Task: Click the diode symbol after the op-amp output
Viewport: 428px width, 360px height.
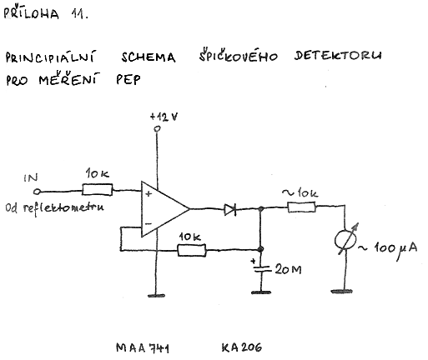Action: click(230, 209)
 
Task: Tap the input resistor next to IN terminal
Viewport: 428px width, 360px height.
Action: click(98, 190)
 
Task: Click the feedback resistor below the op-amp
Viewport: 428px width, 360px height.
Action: click(192, 250)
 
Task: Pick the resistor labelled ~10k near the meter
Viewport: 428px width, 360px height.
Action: click(301, 207)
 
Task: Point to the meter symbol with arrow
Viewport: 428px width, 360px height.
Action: click(345, 239)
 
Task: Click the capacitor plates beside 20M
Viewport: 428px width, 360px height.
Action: click(261, 268)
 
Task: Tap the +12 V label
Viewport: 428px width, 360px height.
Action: click(164, 117)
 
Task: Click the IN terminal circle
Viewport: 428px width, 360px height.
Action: click(37, 192)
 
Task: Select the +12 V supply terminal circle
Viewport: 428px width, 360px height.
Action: click(158, 128)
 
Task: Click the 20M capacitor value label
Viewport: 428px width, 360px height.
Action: click(288, 269)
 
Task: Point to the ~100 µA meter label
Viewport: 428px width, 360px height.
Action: click(388, 248)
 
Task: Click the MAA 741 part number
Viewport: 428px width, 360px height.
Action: click(143, 348)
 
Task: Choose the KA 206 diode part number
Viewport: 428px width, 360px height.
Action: click(242, 347)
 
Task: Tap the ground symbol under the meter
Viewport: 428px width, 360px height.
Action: click(342, 292)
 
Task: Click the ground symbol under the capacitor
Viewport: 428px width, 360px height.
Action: click(261, 292)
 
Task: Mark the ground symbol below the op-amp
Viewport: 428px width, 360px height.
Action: click(156, 296)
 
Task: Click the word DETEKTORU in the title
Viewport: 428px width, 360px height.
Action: click(338, 56)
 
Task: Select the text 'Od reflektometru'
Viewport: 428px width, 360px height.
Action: click(54, 208)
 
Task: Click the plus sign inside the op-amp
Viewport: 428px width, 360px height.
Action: click(149, 193)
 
